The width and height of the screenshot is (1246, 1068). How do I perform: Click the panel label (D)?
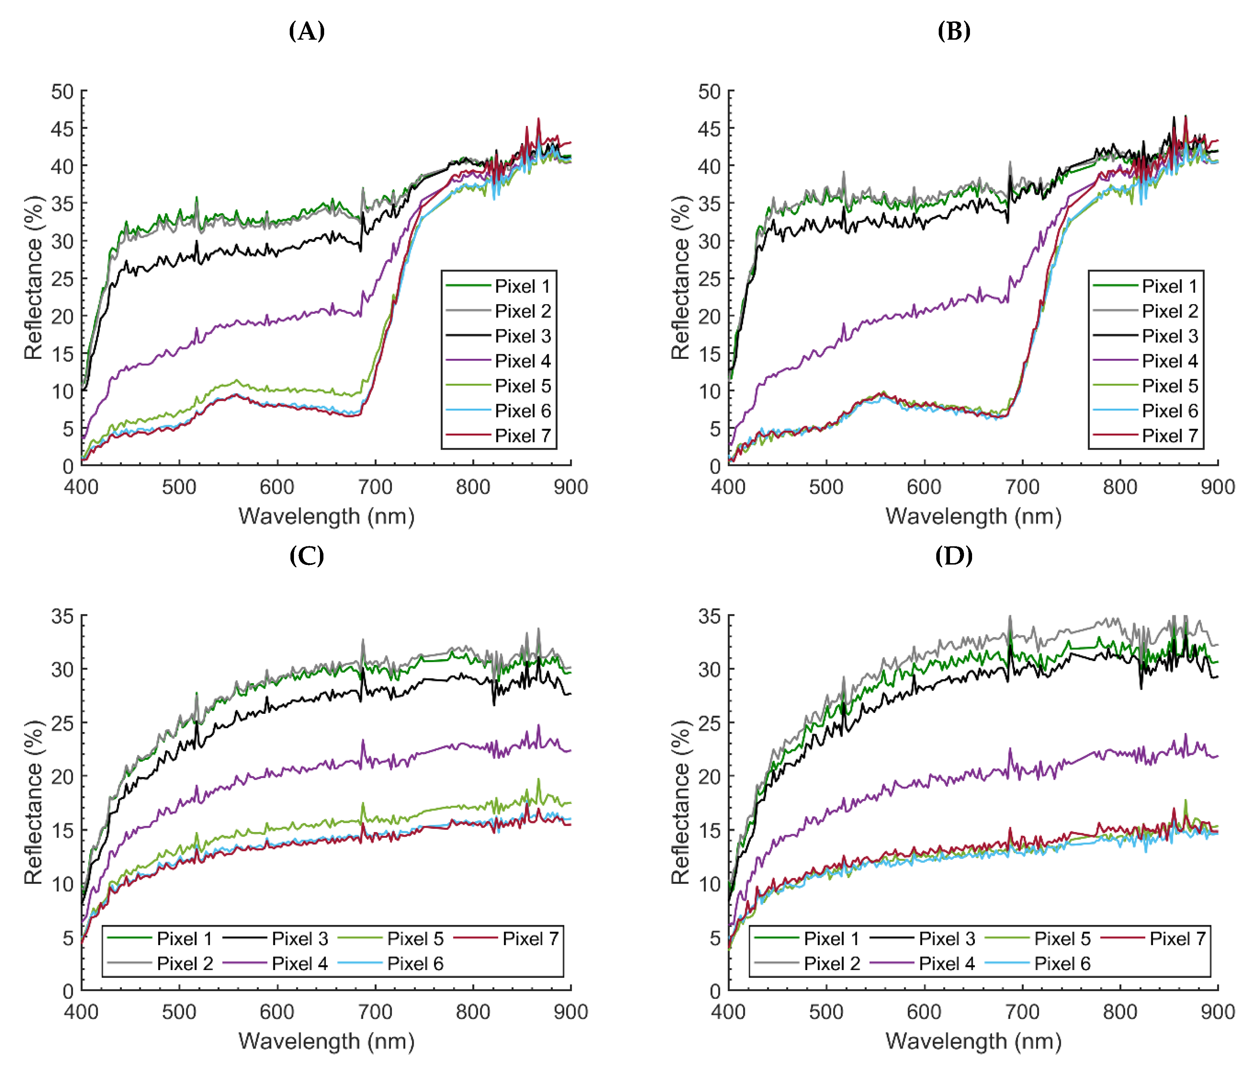[x=954, y=555]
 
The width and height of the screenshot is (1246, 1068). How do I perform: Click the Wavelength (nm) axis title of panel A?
[x=327, y=516]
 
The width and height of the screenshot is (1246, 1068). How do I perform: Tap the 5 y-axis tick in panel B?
[x=714, y=429]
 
